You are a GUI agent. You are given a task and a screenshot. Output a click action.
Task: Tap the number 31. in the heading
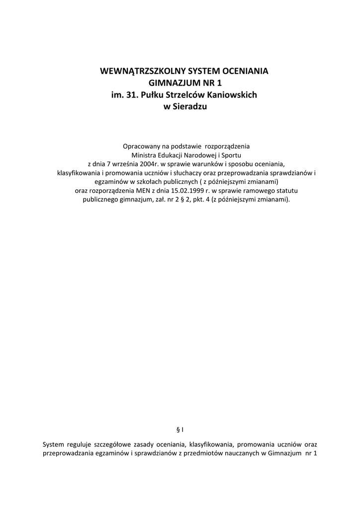132,95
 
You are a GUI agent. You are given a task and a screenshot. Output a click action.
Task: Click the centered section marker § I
180,428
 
